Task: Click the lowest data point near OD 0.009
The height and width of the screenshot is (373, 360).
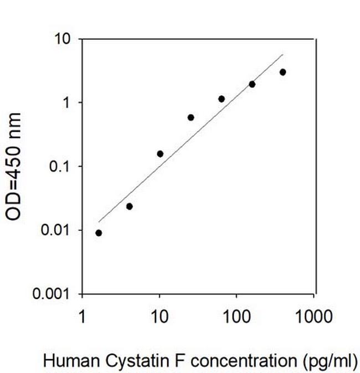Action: [x=99, y=233]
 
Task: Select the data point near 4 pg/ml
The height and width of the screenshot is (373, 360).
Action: [x=130, y=206]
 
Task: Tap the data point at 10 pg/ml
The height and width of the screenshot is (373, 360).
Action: [x=160, y=154]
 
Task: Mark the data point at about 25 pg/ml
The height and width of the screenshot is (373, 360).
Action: [x=191, y=117]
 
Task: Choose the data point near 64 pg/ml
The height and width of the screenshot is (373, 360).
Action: [x=222, y=99]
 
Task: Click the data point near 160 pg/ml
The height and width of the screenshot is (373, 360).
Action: [x=252, y=84]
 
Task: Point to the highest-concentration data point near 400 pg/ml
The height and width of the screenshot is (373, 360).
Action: [x=282, y=72]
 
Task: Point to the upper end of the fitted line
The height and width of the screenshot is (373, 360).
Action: [x=282, y=55]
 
